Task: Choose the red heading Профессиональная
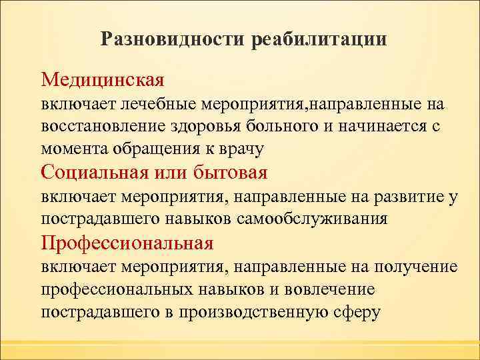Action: (x=127, y=243)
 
